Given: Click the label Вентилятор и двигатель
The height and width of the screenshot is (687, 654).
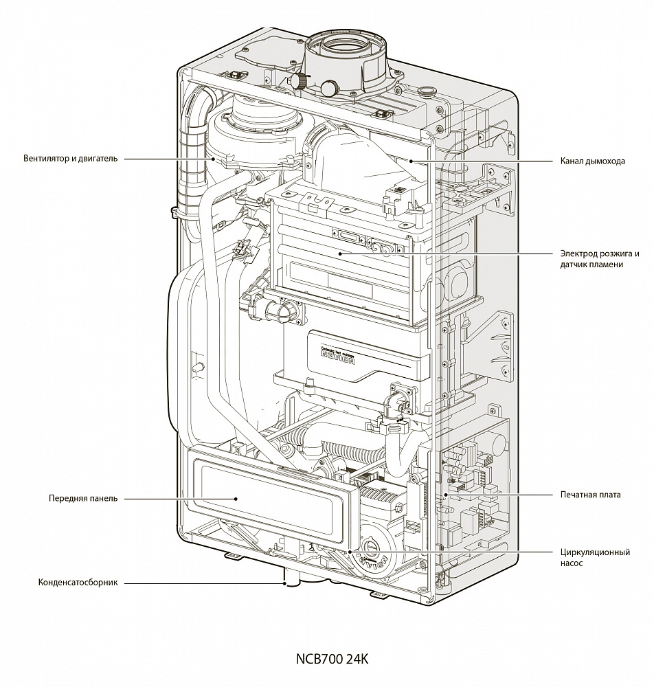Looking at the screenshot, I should coord(70,159).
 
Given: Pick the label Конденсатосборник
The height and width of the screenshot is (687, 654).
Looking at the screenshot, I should coord(78,583).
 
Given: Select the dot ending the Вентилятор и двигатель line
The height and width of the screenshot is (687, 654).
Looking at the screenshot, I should coord(225,159).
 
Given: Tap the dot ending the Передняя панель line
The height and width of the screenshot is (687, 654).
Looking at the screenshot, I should coord(236,499).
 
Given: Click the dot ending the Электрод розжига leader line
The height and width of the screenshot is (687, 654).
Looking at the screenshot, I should coord(339,254).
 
